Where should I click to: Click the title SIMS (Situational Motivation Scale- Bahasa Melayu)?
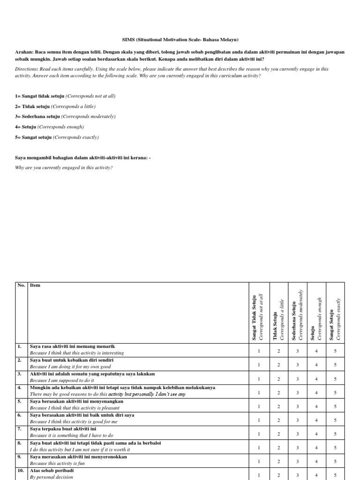coord(180,40)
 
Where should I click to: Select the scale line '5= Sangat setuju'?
coord(57,137)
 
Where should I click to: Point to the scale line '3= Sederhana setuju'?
coord(65,116)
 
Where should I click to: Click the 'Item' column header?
coord(35,285)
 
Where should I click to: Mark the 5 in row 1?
coord(335,351)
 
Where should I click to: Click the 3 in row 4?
coord(297,392)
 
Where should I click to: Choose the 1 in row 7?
coord(259,434)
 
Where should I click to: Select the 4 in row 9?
coord(316,461)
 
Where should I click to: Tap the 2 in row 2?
coord(278,365)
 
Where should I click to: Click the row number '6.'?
coord(20,415)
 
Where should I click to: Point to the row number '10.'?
coord(21,470)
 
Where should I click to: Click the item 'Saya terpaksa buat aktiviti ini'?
coord(63,429)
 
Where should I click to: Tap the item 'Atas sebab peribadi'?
coord(52,470)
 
